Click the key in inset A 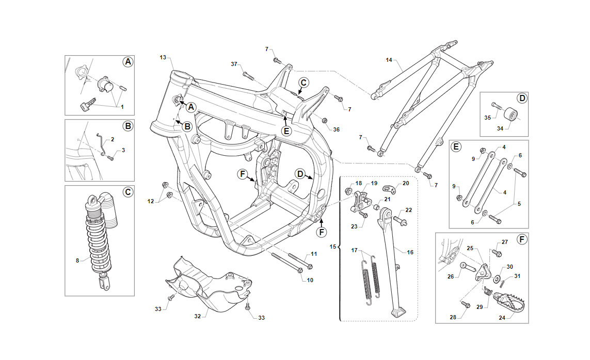[x=88, y=104]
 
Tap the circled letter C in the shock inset [x=128, y=192]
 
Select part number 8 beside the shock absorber [x=77, y=260]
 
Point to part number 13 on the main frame [x=163, y=57]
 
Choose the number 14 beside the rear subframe [x=389, y=60]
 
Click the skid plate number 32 [x=198, y=316]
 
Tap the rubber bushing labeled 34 [x=510, y=113]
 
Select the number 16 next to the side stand [x=410, y=252]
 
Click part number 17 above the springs [x=355, y=250]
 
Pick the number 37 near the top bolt [x=234, y=64]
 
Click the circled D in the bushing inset [x=522, y=99]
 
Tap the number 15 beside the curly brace [x=333, y=247]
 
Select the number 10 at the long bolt [x=310, y=281]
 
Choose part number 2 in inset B [x=113, y=139]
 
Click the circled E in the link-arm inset [x=456, y=146]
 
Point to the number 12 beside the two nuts [x=151, y=202]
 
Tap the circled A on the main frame [x=191, y=107]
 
